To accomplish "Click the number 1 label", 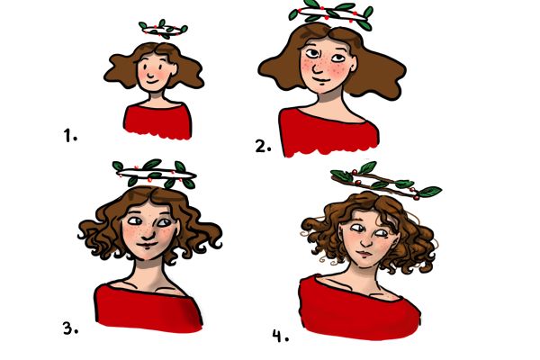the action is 70,135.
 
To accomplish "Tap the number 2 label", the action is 263,146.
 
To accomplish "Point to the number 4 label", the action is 280,336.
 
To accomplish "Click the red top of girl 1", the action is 157,121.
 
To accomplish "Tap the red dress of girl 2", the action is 328,132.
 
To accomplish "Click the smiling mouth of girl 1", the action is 152,83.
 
